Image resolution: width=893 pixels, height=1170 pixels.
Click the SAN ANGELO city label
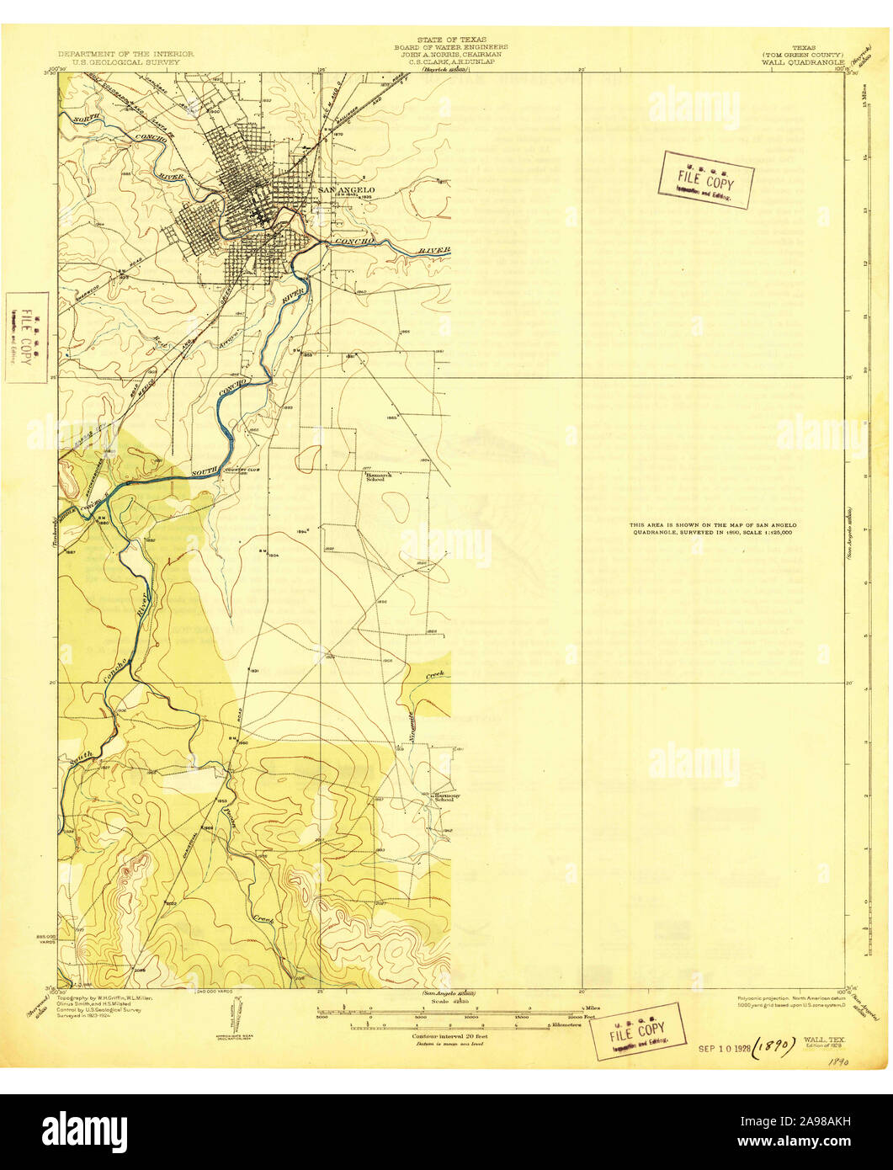[346, 190]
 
